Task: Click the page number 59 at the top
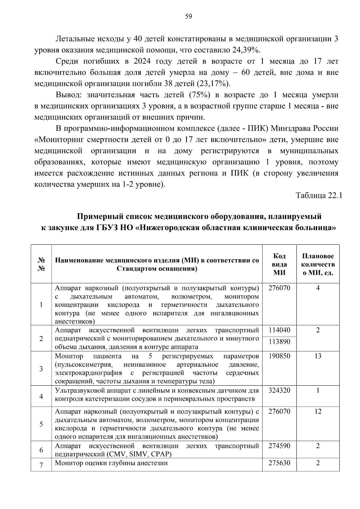(188, 16)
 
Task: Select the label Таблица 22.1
(319, 196)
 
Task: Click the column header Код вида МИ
(279, 264)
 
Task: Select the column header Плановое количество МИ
(318, 264)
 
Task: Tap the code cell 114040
(279, 330)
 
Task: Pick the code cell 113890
(279, 342)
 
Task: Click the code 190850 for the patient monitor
(279, 356)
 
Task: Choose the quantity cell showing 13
(318, 356)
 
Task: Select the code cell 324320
(279, 390)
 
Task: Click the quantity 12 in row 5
(318, 411)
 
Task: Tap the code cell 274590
(279, 446)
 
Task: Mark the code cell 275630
(279, 463)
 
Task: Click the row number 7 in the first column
(41, 465)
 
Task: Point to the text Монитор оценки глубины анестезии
(111, 463)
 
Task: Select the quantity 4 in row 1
(318, 288)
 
